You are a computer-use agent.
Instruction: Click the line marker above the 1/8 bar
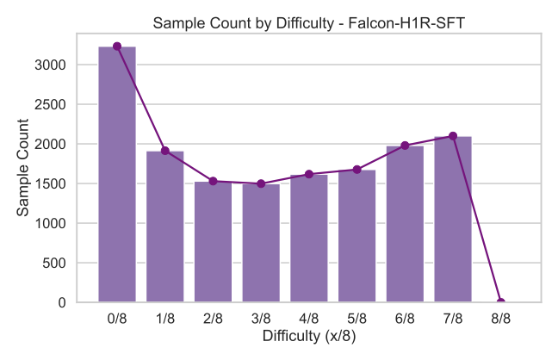point(164,151)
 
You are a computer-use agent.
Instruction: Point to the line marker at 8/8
point(501,302)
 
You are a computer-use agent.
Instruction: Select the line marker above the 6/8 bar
point(405,146)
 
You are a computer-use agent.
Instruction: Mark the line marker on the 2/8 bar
point(213,181)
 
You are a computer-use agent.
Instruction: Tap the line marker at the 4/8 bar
point(308,174)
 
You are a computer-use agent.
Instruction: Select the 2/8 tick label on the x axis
point(213,319)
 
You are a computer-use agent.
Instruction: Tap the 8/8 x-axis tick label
point(501,319)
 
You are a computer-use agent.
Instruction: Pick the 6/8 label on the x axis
point(405,319)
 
